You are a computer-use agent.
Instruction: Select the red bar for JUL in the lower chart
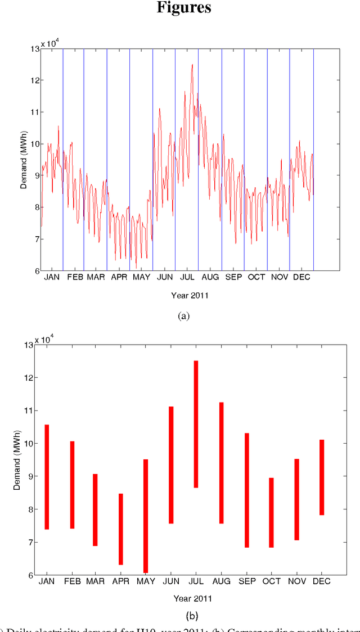click(x=196, y=424)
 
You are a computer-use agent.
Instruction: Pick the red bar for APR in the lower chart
click(x=120, y=529)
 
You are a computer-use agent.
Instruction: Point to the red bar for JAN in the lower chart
click(x=47, y=477)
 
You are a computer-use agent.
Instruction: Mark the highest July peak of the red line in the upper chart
click(x=192, y=65)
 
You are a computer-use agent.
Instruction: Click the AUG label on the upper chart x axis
click(x=210, y=277)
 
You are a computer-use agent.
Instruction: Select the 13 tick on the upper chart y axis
click(x=34, y=49)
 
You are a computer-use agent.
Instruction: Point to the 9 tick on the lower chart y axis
click(x=29, y=476)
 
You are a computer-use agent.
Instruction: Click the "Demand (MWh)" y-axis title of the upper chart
click(x=24, y=160)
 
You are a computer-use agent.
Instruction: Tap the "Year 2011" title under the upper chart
click(x=190, y=295)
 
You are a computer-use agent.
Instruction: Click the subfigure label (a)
click(x=183, y=316)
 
